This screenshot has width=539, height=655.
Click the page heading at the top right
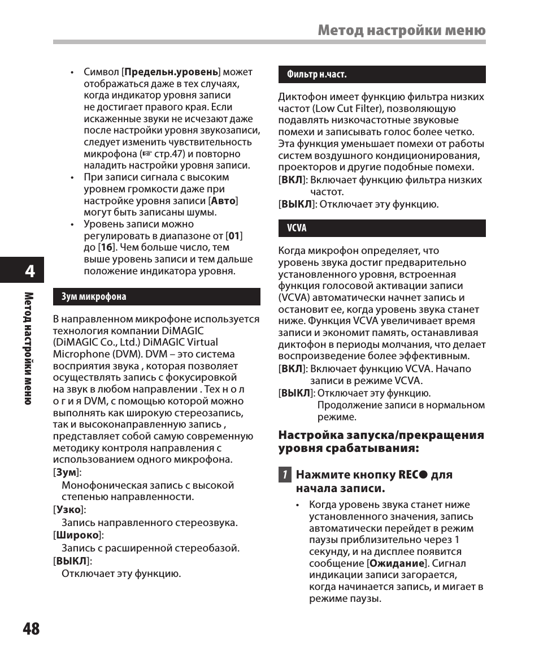401,31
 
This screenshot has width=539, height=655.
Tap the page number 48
32,628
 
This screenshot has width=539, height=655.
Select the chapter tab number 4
29,272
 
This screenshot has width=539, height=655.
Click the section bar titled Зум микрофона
157,297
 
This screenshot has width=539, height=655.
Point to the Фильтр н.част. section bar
381,75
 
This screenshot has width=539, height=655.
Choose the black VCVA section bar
381,228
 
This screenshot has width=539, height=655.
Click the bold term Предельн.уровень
171,72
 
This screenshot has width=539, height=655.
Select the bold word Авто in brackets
223,201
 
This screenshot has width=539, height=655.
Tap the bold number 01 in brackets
234,236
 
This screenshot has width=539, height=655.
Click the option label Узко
69,510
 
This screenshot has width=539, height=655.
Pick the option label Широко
78,535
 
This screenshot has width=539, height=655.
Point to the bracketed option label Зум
66,472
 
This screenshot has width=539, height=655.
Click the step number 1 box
285,475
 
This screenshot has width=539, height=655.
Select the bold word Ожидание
396,563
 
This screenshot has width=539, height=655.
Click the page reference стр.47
170,154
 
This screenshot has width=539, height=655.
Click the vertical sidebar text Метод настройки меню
28,348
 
